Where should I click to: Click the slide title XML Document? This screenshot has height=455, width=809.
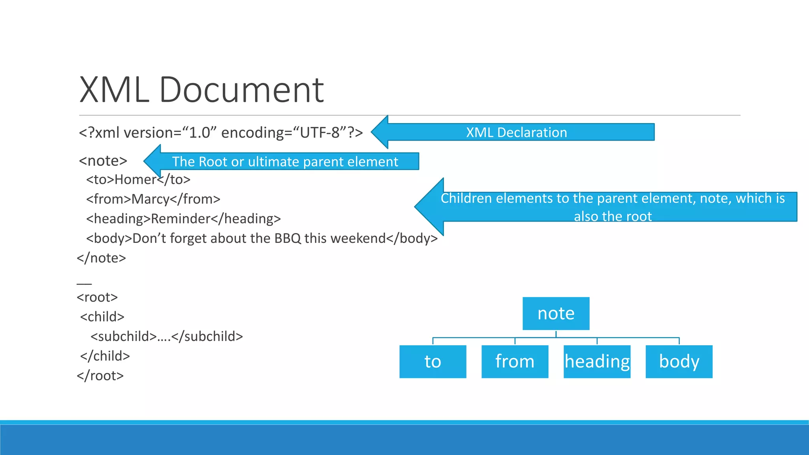coord(201,90)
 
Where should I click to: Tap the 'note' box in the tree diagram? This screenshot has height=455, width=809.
coord(556,314)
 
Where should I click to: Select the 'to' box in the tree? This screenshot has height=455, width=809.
coord(433,362)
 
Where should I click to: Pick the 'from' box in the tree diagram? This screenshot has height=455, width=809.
coord(515,362)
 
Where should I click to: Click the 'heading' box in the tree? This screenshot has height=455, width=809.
coord(597,362)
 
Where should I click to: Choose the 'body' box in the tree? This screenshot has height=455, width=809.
coord(679,362)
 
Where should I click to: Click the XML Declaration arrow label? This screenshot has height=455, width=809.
coord(516,132)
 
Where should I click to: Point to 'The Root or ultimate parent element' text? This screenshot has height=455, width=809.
coord(285,162)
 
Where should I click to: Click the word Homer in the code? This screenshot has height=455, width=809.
coord(135,180)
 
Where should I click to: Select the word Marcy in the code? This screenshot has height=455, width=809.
coord(150,199)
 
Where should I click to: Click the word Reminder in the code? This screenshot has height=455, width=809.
coord(181,219)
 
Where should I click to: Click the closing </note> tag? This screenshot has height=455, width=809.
coord(102,258)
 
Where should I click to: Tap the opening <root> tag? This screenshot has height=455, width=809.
coord(97,297)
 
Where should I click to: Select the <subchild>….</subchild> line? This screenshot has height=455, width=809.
coord(167,337)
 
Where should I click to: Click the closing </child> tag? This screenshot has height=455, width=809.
coord(105,356)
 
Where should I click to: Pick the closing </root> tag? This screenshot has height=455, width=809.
coord(100,376)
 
